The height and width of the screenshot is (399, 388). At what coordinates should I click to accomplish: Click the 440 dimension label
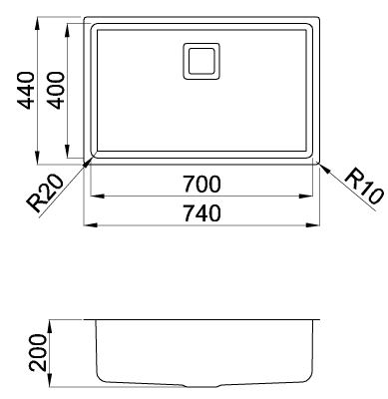(26, 91)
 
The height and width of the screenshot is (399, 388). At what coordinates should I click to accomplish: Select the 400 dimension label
(55, 91)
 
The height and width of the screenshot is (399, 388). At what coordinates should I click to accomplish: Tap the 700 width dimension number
(201, 185)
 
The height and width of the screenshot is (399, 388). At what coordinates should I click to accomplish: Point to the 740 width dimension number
(201, 213)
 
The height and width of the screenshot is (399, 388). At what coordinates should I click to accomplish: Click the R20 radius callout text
(46, 194)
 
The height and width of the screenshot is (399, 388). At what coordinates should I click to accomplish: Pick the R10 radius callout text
(364, 187)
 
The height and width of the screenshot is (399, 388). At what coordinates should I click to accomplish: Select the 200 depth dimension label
(38, 353)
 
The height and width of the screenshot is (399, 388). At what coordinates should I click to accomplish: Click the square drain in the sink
(201, 61)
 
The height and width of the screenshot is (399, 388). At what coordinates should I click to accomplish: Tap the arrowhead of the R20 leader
(88, 163)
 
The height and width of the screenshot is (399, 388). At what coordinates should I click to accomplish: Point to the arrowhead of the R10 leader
(324, 168)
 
